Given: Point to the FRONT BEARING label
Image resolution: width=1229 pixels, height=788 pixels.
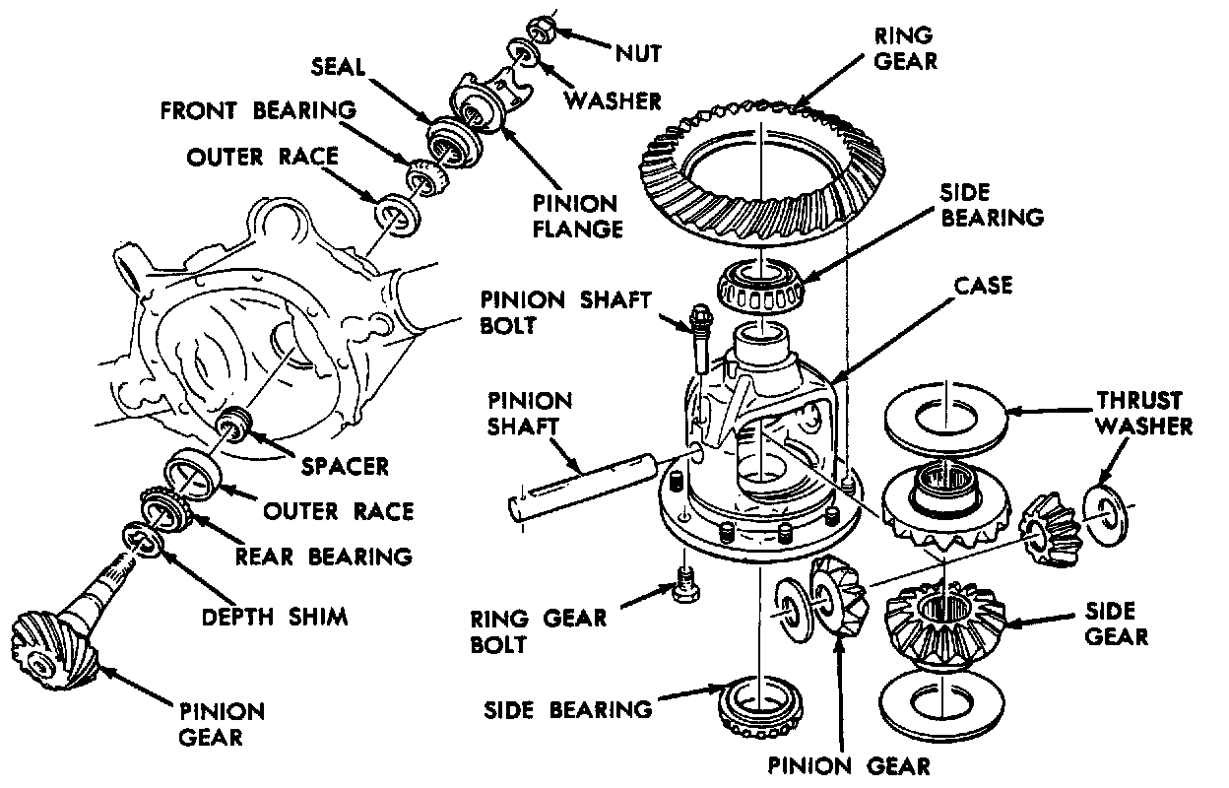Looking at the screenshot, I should [x=258, y=108].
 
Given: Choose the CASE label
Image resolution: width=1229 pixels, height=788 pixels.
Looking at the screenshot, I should [x=983, y=286].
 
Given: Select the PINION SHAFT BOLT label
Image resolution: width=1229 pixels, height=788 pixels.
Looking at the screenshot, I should [x=565, y=310].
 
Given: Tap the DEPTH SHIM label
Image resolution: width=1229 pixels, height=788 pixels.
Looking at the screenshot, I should [x=275, y=618].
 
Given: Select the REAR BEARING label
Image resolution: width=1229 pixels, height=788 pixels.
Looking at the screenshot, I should [x=323, y=557].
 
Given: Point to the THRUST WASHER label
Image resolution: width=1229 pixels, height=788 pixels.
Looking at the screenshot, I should [x=1142, y=414].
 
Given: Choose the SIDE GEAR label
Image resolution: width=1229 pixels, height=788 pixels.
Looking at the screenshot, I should [x=1116, y=624].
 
